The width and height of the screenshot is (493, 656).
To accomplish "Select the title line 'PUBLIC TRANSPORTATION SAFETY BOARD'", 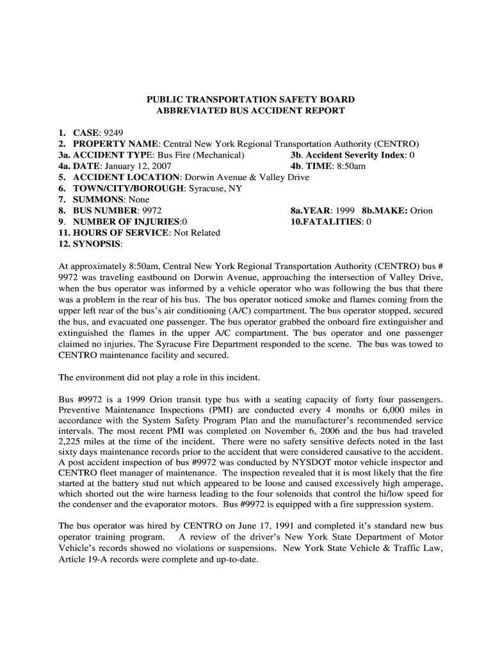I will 250,100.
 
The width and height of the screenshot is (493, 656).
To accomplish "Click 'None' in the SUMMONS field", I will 138,199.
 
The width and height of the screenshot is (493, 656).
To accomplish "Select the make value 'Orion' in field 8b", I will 421,210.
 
